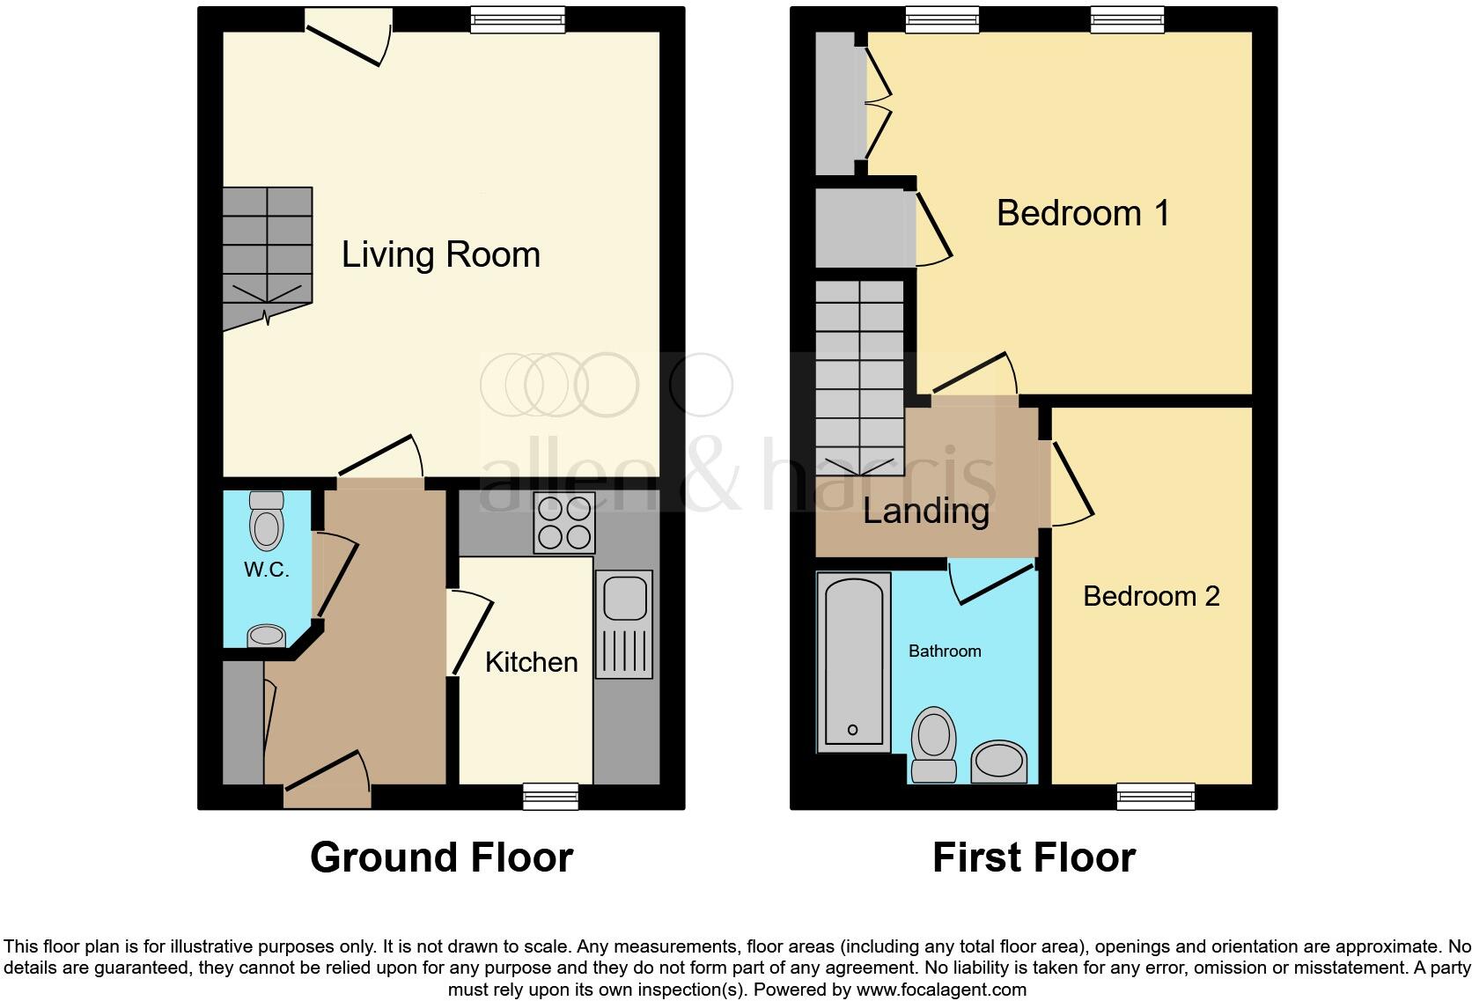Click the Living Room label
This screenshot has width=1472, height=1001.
pyautogui.click(x=440, y=255)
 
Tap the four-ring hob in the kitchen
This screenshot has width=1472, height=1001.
pyautogui.click(x=564, y=523)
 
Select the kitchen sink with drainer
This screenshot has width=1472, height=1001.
pyautogui.click(x=624, y=624)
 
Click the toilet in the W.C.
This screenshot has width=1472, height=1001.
pyautogui.click(x=266, y=521)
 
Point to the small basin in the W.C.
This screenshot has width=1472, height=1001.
pyautogui.click(x=266, y=636)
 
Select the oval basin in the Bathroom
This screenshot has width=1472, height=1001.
pyautogui.click(x=999, y=762)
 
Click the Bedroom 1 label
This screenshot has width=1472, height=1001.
pyautogui.click(x=1083, y=213)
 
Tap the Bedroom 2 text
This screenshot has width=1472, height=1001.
pyautogui.click(x=1151, y=597)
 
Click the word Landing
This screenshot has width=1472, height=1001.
pyautogui.click(x=926, y=512)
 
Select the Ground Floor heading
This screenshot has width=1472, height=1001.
pyautogui.click(x=441, y=857)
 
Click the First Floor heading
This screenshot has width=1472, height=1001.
pyautogui.click(x=1034, y=857)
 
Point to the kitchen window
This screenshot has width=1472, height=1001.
pyautogui.click(x=551, y=796)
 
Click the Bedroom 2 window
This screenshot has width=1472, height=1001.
pyautogui.click(x=1156, y=796)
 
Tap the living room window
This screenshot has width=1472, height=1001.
pyautogui.click(x=517, y=19)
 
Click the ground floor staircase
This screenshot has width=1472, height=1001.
pyautogui.click(x=267, y=255)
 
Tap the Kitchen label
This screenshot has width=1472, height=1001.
pyautogui.click(x=531, y=662)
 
